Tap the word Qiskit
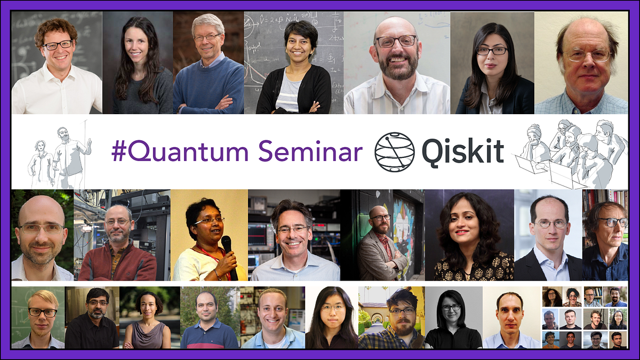462,152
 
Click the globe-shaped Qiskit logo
394,152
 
